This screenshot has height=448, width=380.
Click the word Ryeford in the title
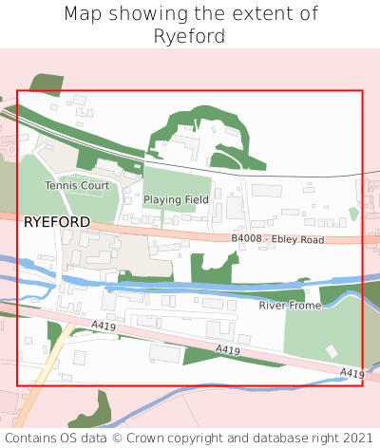point(190,37)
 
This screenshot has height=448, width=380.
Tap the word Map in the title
point(84,14)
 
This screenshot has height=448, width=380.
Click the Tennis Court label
point(77,186)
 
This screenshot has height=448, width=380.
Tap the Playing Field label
point(176,200)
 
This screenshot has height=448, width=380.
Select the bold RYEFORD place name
point(57,222)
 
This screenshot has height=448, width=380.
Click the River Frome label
point(291,305)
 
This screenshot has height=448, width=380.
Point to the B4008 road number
point(252,240)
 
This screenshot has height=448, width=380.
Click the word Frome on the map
point(304,305)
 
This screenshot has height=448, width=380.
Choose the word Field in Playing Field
point(196,200)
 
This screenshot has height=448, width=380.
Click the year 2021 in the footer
point(357,438)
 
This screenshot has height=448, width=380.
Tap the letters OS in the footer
point(73,438)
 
